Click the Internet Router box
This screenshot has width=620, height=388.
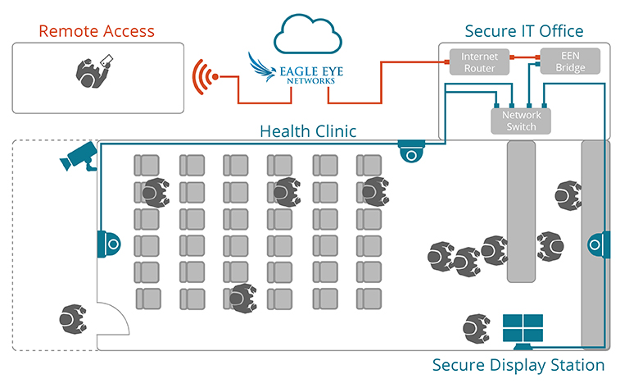pyautogui.click(x=479, y=62)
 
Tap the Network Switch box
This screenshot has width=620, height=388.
pyautogui.click(x=520, y=121)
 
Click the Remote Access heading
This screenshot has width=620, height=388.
pyautogui.click(x=97, y=31)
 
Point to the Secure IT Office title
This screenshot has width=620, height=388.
pyautogui.click(x=523, y=31)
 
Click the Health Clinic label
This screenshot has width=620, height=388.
pyautogui.click(x=307, y=130)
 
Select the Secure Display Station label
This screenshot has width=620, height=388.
pyautogui.click(x=518, y=364)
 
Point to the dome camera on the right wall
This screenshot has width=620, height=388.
pyautogui.click(x=599, y=243)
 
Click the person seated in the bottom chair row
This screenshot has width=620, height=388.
pyautogui.click(x=242, y=297)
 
